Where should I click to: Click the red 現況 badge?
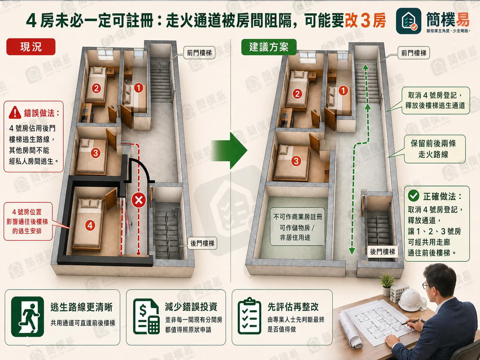(31, 47)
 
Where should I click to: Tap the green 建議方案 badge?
(269, 47)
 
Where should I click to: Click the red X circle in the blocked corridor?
(139, 200)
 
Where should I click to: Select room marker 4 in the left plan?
(90, 225)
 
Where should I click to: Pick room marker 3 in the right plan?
(296, 161)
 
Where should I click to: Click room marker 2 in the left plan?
(96, 88)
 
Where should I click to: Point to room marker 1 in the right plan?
(343, 90)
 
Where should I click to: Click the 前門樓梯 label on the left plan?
(199, 53)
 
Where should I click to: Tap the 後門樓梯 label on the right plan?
(382, 252)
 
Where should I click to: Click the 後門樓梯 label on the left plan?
(202, 243)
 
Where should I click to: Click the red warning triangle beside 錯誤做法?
(15, 113)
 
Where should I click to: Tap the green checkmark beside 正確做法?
(413, 196)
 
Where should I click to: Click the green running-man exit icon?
(28, 317)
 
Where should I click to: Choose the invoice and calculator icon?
(146, 317)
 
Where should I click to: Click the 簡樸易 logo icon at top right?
(408, 21)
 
